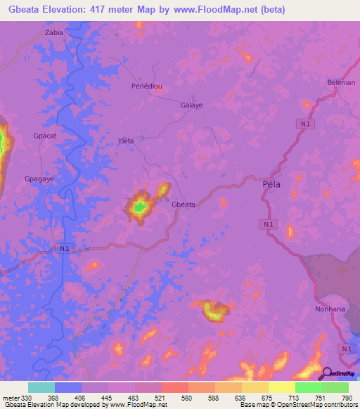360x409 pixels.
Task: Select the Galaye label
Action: [191, 105]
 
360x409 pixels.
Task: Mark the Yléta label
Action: [125, 141]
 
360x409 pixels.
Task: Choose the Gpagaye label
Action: [39, 179]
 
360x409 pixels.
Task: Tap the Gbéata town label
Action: [184, 204]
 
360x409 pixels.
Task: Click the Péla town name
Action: [271, 184]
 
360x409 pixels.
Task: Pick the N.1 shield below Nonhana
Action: [345, 349]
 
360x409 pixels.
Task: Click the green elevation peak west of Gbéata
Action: [139, 207]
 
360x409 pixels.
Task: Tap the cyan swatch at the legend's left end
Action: [41, 387]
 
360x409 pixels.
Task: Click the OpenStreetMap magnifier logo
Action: [328, 374]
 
